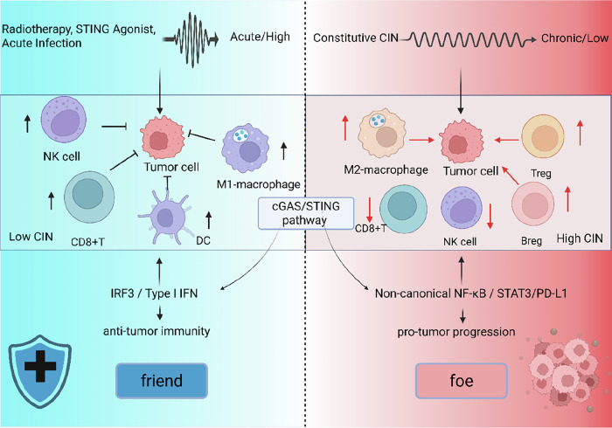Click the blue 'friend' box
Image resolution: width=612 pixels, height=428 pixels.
click(162, 381)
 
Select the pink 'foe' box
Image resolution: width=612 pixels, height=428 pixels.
click(462, 381)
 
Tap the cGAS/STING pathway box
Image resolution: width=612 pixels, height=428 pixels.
click(306, 213)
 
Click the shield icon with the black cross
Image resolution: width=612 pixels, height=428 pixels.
click(40, 371)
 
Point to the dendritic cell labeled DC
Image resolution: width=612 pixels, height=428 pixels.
click(166, 217)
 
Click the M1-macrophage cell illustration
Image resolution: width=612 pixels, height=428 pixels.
click(245, 148)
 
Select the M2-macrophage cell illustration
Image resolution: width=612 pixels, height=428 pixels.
click(382, 134)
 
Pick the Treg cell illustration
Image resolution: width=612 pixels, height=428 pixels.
click(543, 136)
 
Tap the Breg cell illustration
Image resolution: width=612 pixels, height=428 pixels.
click(532, 204)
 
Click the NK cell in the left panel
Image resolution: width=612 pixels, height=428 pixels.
click(64, 120)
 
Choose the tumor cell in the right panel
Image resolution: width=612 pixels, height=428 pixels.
click(462, 142)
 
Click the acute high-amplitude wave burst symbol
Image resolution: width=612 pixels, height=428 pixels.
click(191, 39)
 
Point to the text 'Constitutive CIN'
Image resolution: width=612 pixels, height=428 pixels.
click(356, 38)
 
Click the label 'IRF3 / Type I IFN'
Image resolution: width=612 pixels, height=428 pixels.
click(154, 293)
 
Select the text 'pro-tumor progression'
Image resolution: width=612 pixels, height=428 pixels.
click(456, 332)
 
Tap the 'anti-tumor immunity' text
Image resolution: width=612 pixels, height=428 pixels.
click(156, 331)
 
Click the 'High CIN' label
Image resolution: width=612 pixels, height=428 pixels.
click(580, 238)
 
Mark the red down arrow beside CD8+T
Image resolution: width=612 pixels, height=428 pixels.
click(369, 211)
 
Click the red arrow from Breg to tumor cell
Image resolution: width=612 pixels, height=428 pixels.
click(510, 176)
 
